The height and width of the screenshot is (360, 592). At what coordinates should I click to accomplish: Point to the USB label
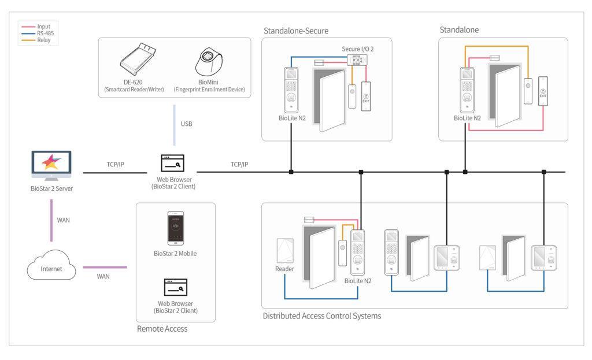(x=186, y=124)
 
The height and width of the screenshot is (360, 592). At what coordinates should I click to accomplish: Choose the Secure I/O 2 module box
(x=358, y=60)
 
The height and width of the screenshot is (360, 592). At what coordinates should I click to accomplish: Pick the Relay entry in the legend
(x=44, y=40)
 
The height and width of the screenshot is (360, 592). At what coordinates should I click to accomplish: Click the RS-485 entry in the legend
(x=44, y=34)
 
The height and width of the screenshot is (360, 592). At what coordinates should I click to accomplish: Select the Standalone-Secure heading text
(x=296, y=31)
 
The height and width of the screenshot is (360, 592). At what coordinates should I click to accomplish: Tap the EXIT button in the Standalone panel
(x=542, y=91)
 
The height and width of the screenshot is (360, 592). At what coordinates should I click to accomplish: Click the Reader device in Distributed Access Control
(x=284, y=253)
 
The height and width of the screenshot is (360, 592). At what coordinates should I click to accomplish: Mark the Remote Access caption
(x=162, y=329)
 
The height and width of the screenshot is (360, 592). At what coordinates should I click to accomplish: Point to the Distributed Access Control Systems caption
(x=321, y=316)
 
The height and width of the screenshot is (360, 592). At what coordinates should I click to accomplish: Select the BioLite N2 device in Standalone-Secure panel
(x=291, y=90)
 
